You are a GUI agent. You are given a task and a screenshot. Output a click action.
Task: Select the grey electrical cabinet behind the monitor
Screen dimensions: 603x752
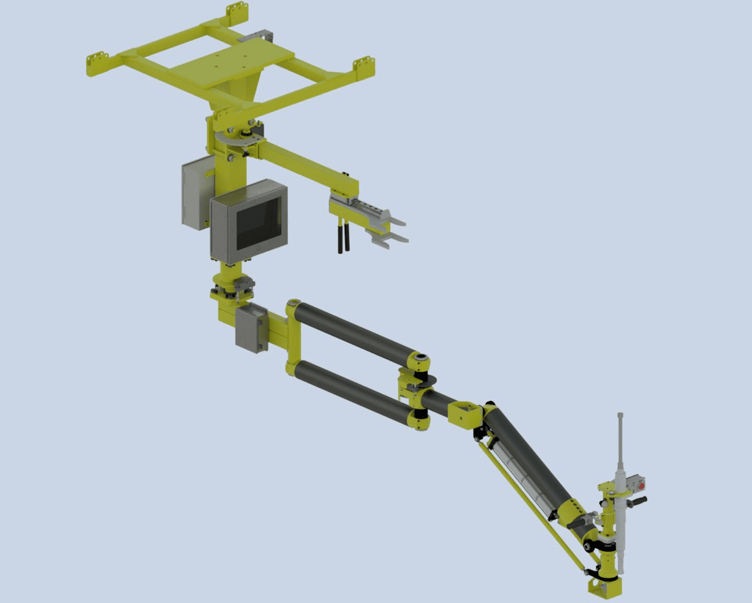[195, 194]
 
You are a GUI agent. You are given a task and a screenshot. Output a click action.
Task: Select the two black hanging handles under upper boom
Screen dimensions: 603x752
[343, 237]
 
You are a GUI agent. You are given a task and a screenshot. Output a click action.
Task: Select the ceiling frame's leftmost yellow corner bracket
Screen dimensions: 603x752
[96, 64]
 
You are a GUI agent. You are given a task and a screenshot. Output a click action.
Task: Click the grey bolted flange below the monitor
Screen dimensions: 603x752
[234, 287]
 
